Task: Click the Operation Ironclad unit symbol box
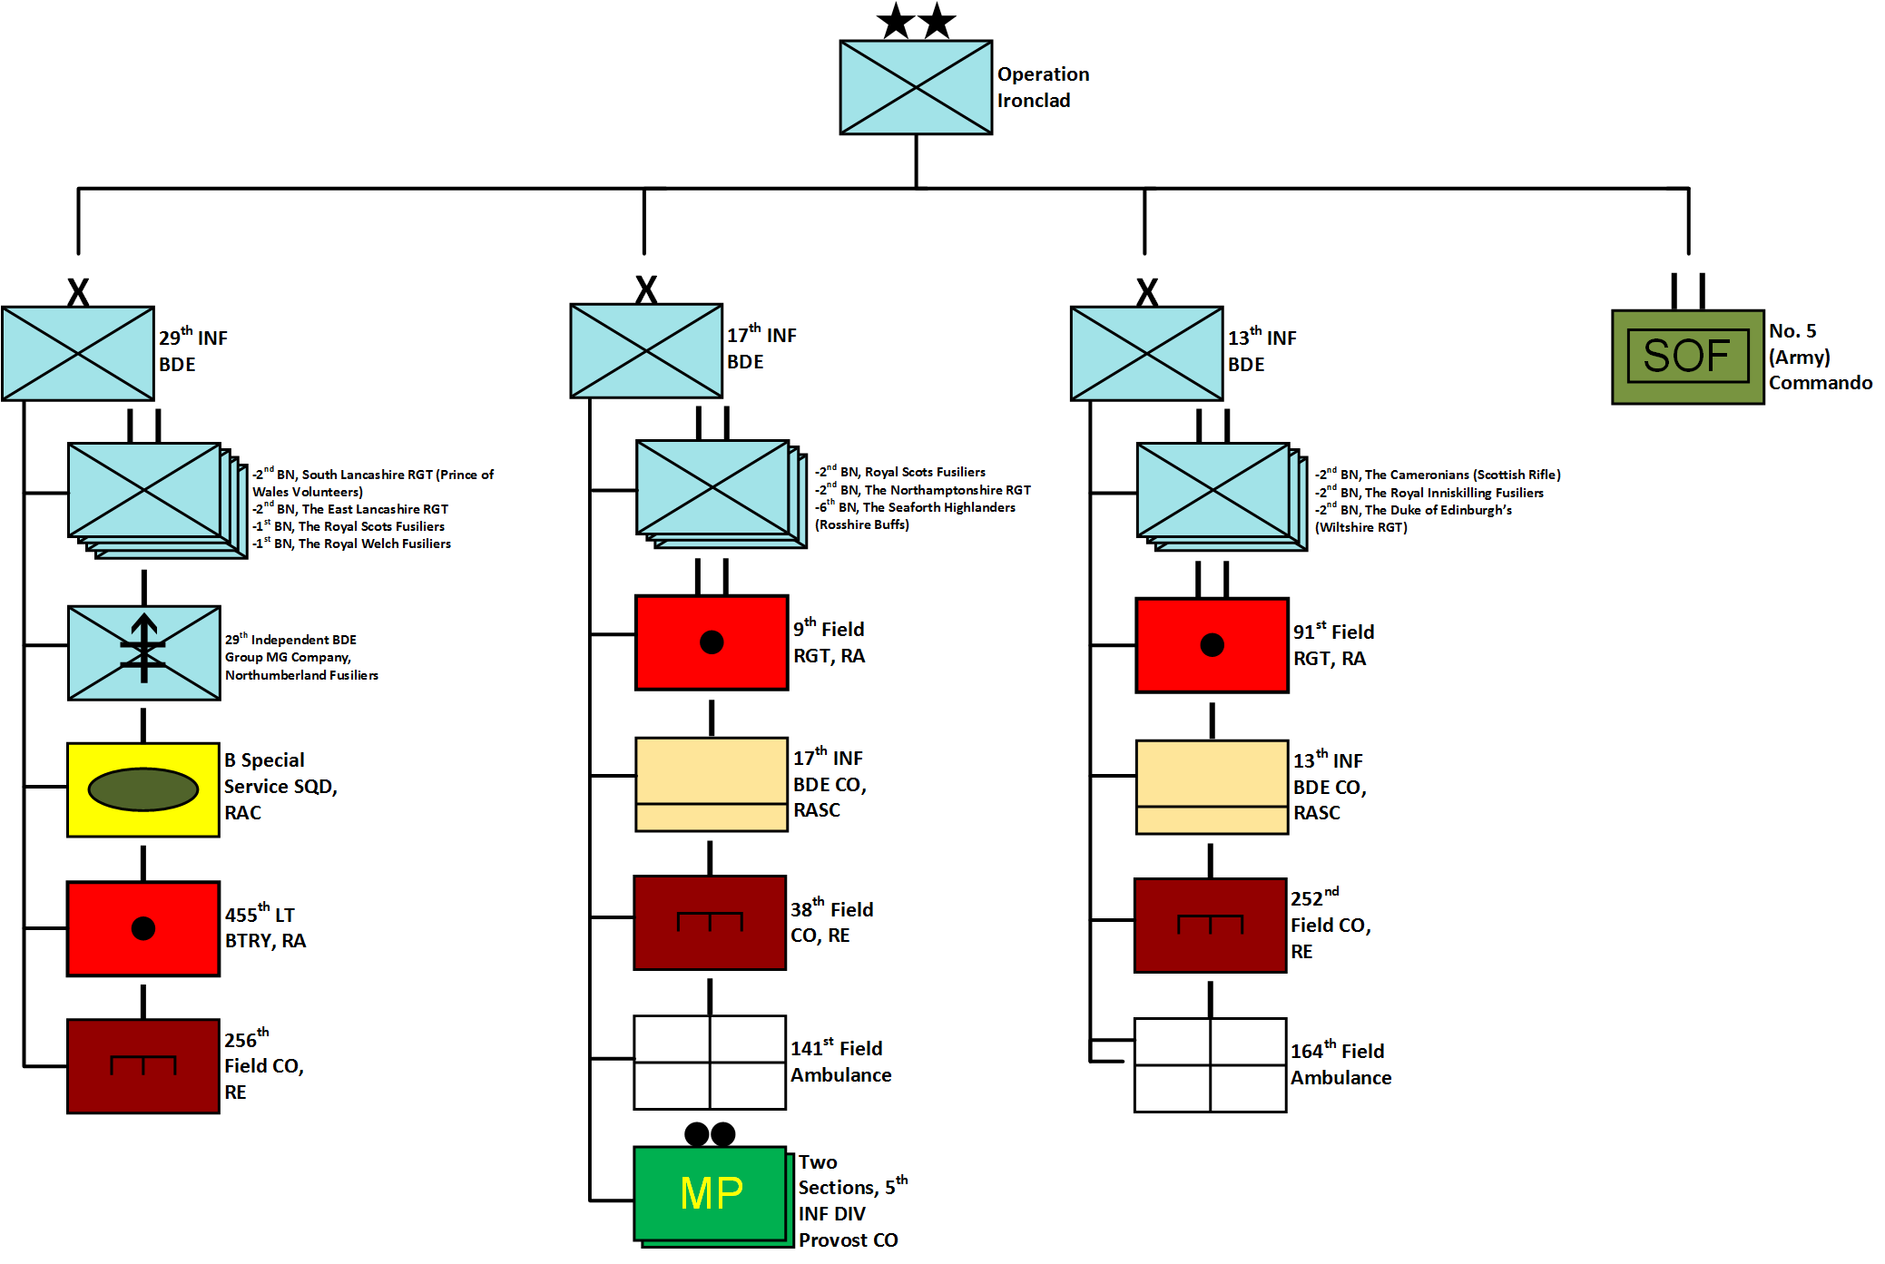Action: pos(915,87)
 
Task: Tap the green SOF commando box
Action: pos(1687,357)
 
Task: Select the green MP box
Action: pos(710,1193)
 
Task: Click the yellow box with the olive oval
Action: pos(143,789)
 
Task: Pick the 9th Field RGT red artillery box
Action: pos(712,642)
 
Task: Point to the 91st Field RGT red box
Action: pos(1212,645)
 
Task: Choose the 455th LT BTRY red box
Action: pos(143,928)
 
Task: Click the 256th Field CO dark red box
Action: pos(143,1066)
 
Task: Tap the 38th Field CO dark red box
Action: pos(710,923)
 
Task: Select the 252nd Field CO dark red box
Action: pos(1210,926)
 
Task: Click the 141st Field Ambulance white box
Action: pos(710,1063)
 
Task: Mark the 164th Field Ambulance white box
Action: pos(1210,1065)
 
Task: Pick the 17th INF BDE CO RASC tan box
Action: pos(712,784)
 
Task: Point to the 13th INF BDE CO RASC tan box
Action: pos(1212,787)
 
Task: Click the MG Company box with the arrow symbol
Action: pos(143,652)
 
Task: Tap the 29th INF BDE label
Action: pos(192,351)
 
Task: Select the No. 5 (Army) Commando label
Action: pos(1819,357)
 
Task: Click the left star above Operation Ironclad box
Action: pos(896,21)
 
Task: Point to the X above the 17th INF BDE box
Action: pos(646,290)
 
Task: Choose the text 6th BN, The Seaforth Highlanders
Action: pos(917,507)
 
